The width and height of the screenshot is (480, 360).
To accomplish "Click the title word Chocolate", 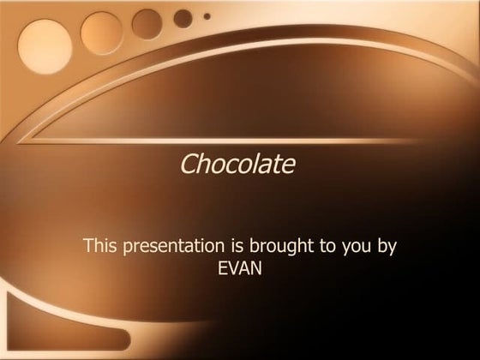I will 237,163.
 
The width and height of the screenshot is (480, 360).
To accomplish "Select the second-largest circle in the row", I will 100,31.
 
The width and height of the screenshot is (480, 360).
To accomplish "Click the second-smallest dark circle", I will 183,17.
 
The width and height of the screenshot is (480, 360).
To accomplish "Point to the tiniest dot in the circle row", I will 206,14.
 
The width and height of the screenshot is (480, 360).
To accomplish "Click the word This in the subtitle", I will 100,246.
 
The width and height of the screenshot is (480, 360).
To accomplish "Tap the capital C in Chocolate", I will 189,163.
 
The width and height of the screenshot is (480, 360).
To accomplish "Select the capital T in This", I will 88,246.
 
